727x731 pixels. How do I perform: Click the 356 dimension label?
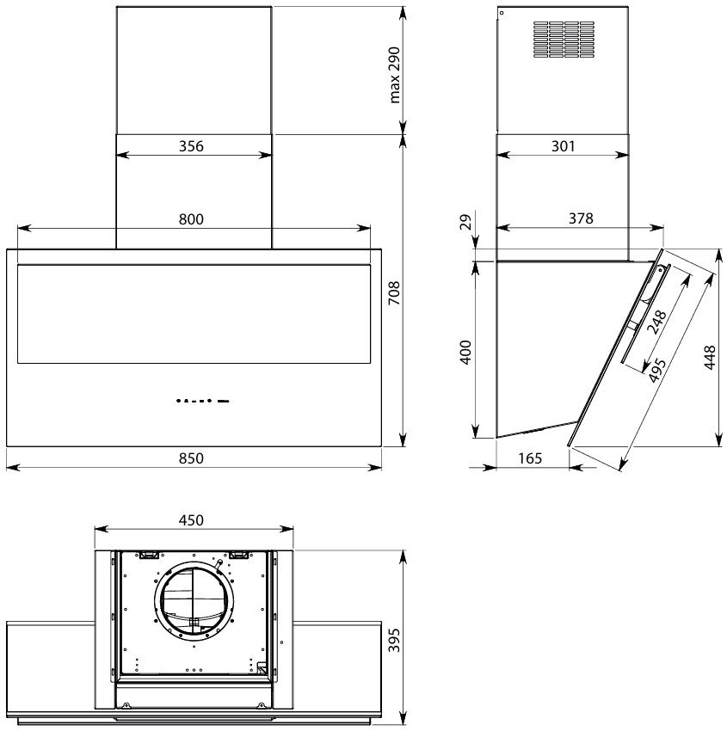point(191,146)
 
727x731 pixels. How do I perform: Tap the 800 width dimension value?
point(191,219)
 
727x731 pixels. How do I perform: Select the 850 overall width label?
point(191,458)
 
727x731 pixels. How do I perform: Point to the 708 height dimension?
point(395,292)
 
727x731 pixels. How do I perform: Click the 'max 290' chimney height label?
point(395,75)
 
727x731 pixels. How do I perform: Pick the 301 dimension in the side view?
point(564,146)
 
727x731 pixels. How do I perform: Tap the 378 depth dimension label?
point(581,218)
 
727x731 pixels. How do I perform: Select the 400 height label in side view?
point(465,352)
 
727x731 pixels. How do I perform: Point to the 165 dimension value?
point(530,458)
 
